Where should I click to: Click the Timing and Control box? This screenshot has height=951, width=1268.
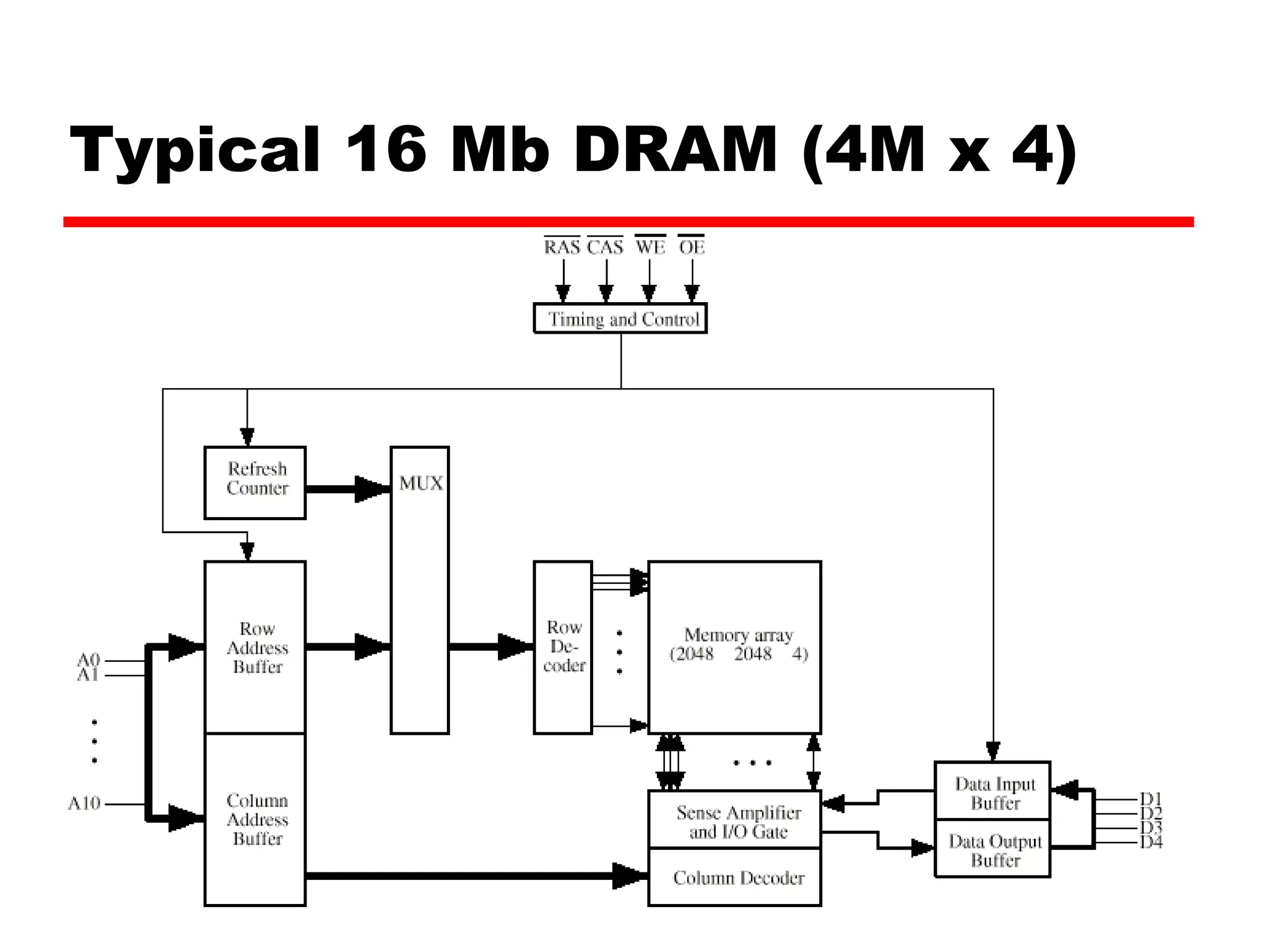tap(620, 318)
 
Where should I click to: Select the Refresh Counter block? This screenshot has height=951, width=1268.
tap(255, 482)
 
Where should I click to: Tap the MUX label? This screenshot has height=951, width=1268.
tap(420, 483)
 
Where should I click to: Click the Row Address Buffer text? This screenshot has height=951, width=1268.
tap(257, 648)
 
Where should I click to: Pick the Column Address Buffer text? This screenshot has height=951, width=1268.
tap(257, 819)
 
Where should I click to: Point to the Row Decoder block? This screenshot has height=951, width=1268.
tap(563, 647)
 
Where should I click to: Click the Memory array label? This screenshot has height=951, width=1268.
tap(738, 635)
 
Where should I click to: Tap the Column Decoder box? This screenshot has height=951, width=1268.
tap(735, 877)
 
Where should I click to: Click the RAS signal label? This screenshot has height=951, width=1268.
tap(562, 248)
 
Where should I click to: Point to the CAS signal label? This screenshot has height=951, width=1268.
tap(605, 248)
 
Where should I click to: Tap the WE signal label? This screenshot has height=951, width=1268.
tap(650, 248)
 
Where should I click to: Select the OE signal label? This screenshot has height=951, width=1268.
tap(692, 248)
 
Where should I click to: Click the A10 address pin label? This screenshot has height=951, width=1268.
tap(84, 804)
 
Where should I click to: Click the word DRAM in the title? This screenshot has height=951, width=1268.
tap(675, 150)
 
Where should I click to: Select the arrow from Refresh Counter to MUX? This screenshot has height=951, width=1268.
tap(347, 489)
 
